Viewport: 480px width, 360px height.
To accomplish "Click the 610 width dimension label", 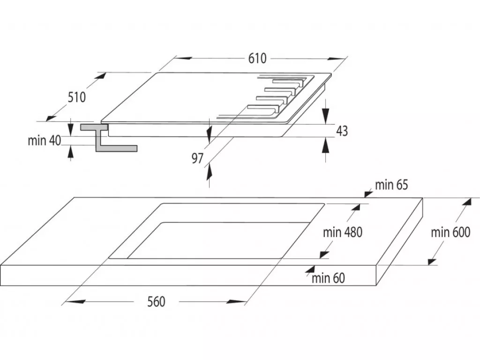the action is pos(257,58).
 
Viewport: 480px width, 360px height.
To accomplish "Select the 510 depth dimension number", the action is pos(76,97).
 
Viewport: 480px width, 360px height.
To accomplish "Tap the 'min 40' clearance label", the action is pos(45,141).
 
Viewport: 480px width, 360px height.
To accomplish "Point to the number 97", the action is pos(197,158).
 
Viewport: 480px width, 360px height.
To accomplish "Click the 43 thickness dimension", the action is pos(342,131).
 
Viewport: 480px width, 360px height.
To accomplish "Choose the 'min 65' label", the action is pos(391,185).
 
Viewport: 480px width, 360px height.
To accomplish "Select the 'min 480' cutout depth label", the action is pos(343,232).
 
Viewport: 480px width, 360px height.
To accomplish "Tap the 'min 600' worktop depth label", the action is pos(450,232).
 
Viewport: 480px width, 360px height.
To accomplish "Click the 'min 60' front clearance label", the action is pos(328,278).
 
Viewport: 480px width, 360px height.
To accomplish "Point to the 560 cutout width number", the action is pos(156,302).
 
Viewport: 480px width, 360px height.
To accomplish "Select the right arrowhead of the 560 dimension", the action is pos(236,302).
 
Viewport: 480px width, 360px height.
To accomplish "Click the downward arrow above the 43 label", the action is pos(325,115).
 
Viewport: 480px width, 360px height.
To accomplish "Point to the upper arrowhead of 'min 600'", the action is pos(466,204).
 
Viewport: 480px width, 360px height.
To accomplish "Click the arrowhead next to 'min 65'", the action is pos(368,194).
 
